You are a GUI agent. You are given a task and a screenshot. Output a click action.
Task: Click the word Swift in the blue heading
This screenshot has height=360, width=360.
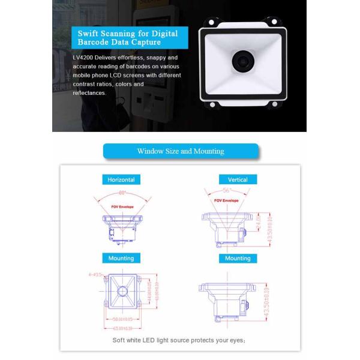click(89, 33)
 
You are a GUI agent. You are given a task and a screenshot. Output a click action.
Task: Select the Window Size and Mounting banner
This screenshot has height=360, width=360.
click(181, 151)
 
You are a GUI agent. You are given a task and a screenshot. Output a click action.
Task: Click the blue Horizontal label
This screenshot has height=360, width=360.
click(121, 179)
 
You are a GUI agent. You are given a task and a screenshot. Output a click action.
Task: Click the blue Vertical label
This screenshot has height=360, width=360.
click(238, 179)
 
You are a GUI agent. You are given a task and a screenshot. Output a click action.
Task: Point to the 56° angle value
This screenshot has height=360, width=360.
click(226, 190)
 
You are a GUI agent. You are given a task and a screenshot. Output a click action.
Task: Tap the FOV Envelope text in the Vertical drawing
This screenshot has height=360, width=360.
click(227, 201)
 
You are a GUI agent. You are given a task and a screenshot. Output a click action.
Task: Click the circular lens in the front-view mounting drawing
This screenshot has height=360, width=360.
click(122, 291)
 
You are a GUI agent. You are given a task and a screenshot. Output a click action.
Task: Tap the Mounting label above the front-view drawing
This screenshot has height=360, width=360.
click(121, 259)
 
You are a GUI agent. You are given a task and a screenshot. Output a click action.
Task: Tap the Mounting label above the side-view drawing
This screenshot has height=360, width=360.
click(238, 259)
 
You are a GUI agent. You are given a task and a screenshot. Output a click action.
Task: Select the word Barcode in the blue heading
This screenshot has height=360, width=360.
click(96, 43)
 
